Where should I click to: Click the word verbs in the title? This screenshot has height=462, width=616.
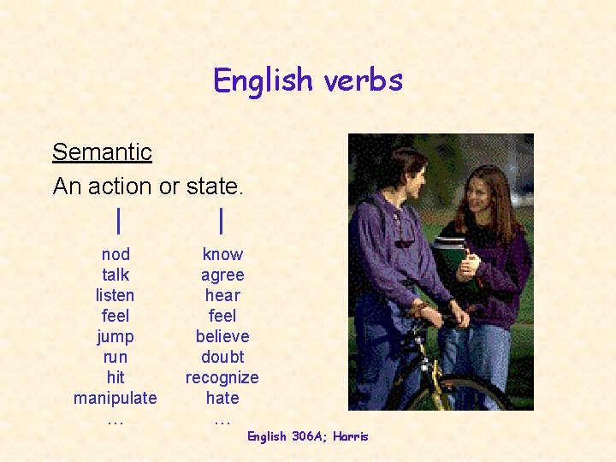click(x=364, y=80)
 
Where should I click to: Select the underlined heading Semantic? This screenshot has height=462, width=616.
click(x=102, y=152)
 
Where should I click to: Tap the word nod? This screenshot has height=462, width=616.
click(x=115, y=254)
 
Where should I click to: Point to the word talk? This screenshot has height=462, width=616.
click(x=115, y=275)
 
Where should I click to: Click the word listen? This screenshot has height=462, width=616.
click(x=115, y=295)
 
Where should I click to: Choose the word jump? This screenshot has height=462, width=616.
click(x=115, y=336)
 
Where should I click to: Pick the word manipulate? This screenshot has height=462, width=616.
click(x=115, y=398)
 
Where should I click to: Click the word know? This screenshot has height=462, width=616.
click(x=222, y=254)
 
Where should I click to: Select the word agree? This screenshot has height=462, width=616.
click(x=222, y=275)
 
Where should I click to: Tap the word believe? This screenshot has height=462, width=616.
click(x=222, y=336)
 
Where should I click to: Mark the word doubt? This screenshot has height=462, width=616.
click(x=222, y=357)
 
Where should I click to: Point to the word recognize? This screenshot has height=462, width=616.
click(x=222, y=377)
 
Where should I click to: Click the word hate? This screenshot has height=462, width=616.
click(x=222, y=398)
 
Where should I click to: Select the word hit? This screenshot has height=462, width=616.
click(x=115, y=377)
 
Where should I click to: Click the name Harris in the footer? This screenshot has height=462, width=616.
click(x=351, y=436)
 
